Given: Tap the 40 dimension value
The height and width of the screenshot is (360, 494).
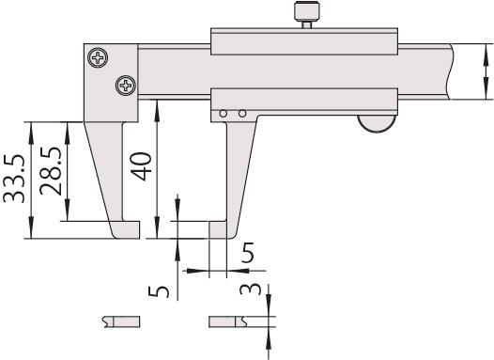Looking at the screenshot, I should (x=139, y=170).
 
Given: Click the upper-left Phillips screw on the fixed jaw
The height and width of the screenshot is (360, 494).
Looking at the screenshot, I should (x=98, y=59).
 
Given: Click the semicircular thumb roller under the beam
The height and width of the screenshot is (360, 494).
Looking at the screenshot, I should (x=378, y=123).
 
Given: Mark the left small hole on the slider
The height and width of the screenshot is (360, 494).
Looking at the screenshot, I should (x=224, y=114).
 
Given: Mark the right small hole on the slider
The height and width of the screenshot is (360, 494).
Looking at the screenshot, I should (x=242, y=114).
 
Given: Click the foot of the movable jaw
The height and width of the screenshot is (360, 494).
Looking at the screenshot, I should (x=224, y=229).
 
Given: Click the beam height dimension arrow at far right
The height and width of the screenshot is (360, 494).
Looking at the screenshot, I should (x=484, y=71).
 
